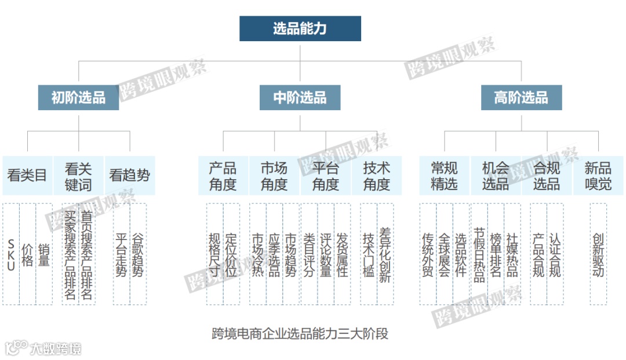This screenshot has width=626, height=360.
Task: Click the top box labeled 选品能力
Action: (x=300, y=28)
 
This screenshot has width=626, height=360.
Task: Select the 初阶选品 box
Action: (x=78, y=98)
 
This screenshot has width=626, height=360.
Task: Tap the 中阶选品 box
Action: (x=300, y=98)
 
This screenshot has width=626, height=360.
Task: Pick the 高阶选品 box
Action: (x=521, y=98)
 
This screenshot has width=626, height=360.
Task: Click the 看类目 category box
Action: (x=27, y=175)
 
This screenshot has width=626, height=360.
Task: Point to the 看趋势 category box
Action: (x=129, y=175)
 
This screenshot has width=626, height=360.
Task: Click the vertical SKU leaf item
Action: (x=11, y=254)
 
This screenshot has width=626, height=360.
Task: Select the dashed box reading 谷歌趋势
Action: (x=138, y=254)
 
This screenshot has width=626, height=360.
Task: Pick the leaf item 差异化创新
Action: (x=385, y=254)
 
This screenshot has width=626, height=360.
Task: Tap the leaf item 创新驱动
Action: (x=598, y=254)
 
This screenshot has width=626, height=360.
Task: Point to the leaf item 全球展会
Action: (x=445, y=254)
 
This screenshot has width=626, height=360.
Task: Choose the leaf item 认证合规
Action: (x=555, y=254)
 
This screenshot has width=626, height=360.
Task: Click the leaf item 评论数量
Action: (x=326, y=254)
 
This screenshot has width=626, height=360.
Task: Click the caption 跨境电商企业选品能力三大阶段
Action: (x=300, y=333)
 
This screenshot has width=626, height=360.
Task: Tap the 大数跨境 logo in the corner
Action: (x=43, y=348)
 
